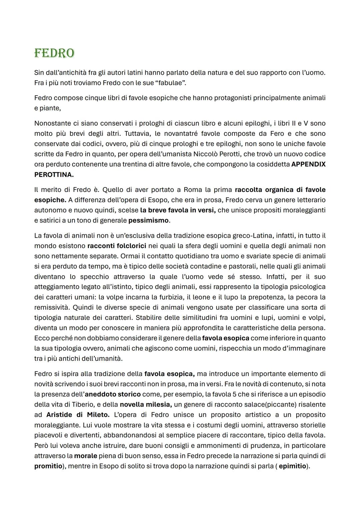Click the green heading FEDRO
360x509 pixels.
[x=54, y=53]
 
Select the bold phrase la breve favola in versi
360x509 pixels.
[x=178, y=210]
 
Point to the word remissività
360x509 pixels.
[x=52, y=307]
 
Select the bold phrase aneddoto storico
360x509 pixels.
[x=113, y=394]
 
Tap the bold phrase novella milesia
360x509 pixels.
[x=146, y=405]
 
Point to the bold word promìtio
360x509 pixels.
[x=48, y=466]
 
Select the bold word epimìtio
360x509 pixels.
[x=292, y=466]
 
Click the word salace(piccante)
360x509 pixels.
[x=269, y=405]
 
